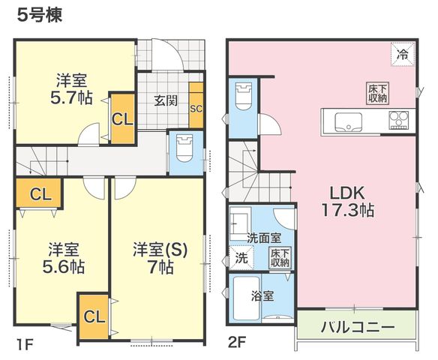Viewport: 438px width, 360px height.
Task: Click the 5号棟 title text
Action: [x=40, y=15]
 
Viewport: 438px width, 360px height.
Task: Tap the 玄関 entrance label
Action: [x=166, y=100]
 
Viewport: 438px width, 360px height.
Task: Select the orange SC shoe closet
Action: [x=196, y=105]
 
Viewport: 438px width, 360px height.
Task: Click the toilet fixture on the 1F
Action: [x=184, y=148]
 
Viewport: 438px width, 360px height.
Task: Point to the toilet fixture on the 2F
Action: [x=244, y=96]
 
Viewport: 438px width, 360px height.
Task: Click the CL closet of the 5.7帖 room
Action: [x=123, y=119]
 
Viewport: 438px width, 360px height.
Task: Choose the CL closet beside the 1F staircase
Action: [x=38, y=193]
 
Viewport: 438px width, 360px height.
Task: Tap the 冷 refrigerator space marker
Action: [x=403, y=54]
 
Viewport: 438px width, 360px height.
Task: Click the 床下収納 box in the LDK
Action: [x=378, y=94]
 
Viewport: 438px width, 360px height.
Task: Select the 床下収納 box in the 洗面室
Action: [x=280, y=258]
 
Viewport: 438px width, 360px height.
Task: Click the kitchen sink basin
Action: [x=349, y=121]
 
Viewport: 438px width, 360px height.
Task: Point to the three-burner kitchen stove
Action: [x=399, y=120]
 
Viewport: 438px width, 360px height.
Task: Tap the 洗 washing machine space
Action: [x=241, y=258]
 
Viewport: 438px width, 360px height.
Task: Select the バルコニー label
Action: [x=358, y=327]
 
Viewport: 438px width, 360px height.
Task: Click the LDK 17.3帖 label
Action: [x=347, y=202]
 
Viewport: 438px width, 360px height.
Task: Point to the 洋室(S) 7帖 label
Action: [x=160, y=258]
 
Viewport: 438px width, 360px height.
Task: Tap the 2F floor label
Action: [x=237, y=343]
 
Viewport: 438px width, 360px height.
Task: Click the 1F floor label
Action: [x=25, y=344]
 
